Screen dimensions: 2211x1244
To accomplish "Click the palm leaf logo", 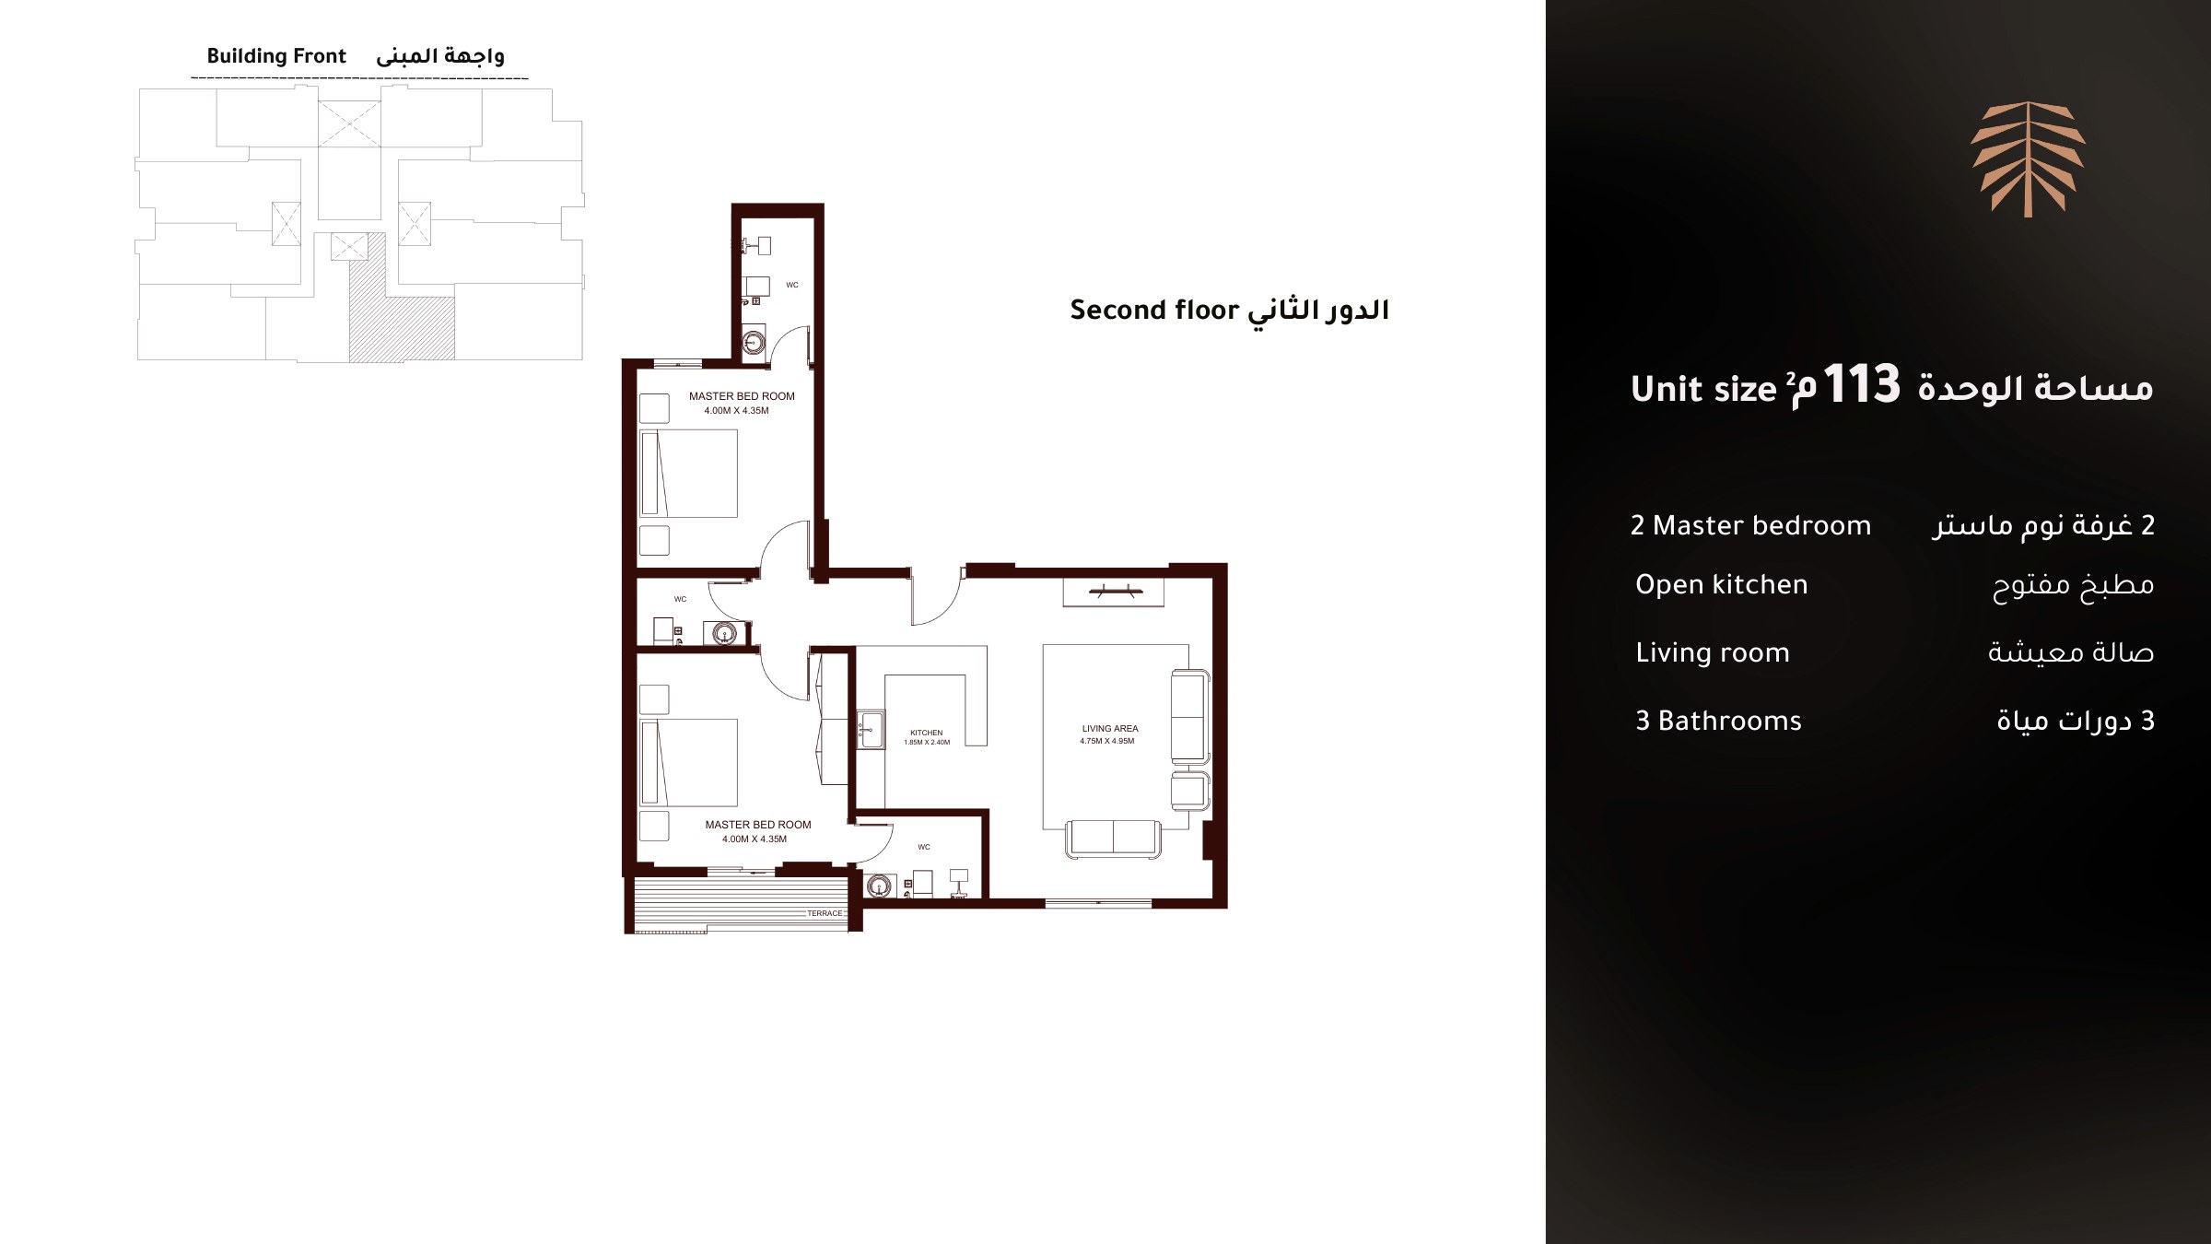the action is (2028, 159).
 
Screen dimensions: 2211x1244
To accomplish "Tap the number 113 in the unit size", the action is (1861, 384).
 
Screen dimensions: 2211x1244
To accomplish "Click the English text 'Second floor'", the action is (1154, 311).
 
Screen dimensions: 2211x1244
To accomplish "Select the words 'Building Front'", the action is (276, 56).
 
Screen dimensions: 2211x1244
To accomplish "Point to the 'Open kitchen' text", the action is (1721, 585).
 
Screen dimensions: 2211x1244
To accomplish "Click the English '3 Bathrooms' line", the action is (1718, 721).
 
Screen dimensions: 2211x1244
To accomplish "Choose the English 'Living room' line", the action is (1712, 652).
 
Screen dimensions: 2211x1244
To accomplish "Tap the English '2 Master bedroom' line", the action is (1750, 525).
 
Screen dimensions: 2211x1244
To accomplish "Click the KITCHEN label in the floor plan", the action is (926, 733).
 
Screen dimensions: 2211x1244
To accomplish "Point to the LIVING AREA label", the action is (1110, 728).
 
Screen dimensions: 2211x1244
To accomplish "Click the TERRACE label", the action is (825, 913).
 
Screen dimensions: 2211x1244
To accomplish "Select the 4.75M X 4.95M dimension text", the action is (1107, 741).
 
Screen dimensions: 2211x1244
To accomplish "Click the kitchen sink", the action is (870, 729).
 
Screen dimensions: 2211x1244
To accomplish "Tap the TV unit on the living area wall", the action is (1114, 592).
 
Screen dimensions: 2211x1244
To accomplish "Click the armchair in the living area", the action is (1189, 791).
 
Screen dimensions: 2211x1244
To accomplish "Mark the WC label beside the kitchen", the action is (924, 847).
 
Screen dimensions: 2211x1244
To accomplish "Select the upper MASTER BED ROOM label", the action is (742, 396).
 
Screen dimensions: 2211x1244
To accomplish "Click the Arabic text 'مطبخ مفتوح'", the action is (2073, 586).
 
